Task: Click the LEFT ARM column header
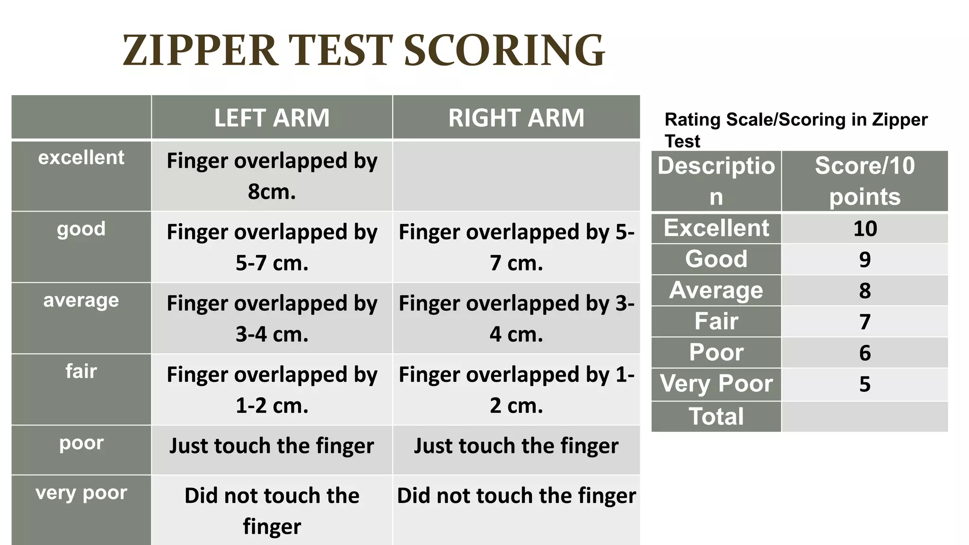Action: [272, 118]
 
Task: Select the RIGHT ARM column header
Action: [516, 118]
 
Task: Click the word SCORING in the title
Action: [504, 51]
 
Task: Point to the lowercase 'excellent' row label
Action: [81, 158]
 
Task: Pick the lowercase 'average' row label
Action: [81, 300]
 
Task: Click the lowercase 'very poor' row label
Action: [81, 493]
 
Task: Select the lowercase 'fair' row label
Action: [81, 371]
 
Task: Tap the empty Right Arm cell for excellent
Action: [516, 176]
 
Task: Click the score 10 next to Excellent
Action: [865, 229]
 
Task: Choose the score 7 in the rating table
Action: [865, 322]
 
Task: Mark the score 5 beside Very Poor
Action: [865, 384]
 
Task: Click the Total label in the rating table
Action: [716, 417]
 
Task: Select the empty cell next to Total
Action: [865, 417]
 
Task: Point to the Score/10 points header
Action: [865, 181]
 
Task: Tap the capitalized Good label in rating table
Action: [716, 259]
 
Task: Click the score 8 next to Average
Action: [865, 290]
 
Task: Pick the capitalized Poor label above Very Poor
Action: [716, 352]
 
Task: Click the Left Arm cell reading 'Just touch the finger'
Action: [272, 446]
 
